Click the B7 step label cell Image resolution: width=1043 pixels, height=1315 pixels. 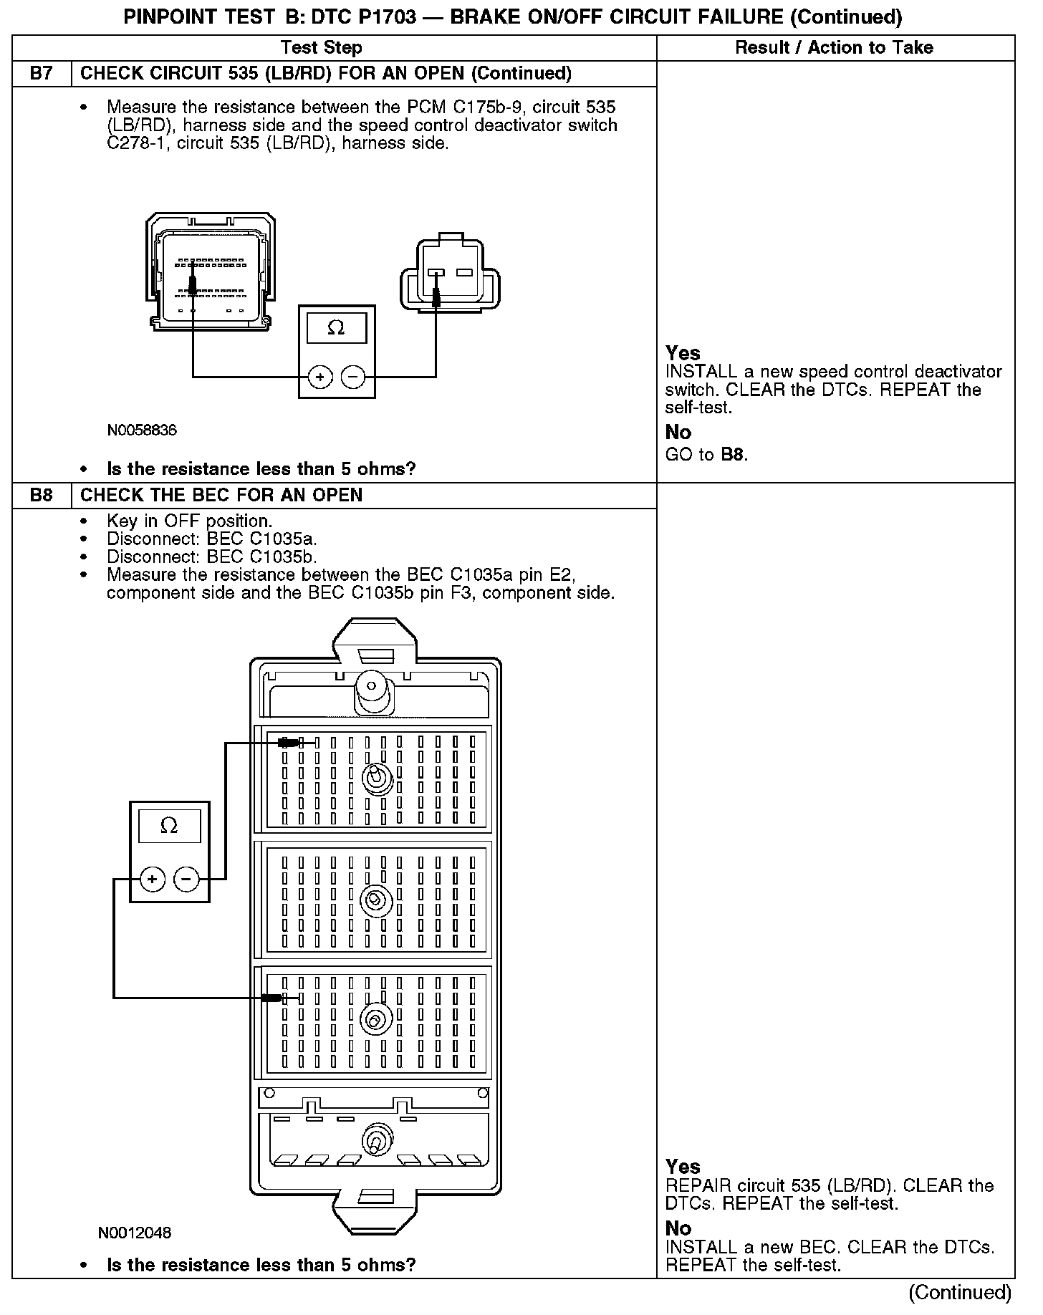pyautogui.click(x=42, y=74)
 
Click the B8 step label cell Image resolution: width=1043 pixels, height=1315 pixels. pyautogui.click(x=42, y=496)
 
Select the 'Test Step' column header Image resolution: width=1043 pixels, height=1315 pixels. pyautogui.click(x=321, y=48)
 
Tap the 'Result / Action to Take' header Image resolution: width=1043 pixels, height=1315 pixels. pyautogui.click(x=834, y=48)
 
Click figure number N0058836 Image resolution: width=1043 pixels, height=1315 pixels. pyautogui.click(x=142, y=430)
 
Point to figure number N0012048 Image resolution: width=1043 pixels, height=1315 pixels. pyautogui.click(x=135, y=1233)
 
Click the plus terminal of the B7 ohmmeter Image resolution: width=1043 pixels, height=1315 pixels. pyautogui.click(x=320, y=377)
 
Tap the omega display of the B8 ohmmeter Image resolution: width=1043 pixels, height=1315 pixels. pyautogui.click(x=169, y=826)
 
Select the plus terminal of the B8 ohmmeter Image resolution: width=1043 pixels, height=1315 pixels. pyautogui.click(x=152, y=878)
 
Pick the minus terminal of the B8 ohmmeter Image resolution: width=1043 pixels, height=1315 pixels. pyautogui.click(x=186, y=878)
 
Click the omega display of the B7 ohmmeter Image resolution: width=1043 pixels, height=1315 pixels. pyautogui.click(x=336, y=329)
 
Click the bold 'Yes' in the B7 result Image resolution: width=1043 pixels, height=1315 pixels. pyautogui.click(x=683, y=353)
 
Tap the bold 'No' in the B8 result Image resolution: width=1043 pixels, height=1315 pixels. pyautogui.click(x=678, y=1228)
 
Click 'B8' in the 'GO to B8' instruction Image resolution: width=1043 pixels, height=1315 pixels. pyautogui.click(x=733, y=455)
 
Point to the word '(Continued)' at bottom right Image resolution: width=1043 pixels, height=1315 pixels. pyautogui.click(x=960, y=1293)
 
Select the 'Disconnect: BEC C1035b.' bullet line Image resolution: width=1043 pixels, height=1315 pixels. pyautogui.click(x=211, y=557)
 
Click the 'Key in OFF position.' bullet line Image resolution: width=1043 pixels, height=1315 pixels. pyautogui.click(x=189, y=521)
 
